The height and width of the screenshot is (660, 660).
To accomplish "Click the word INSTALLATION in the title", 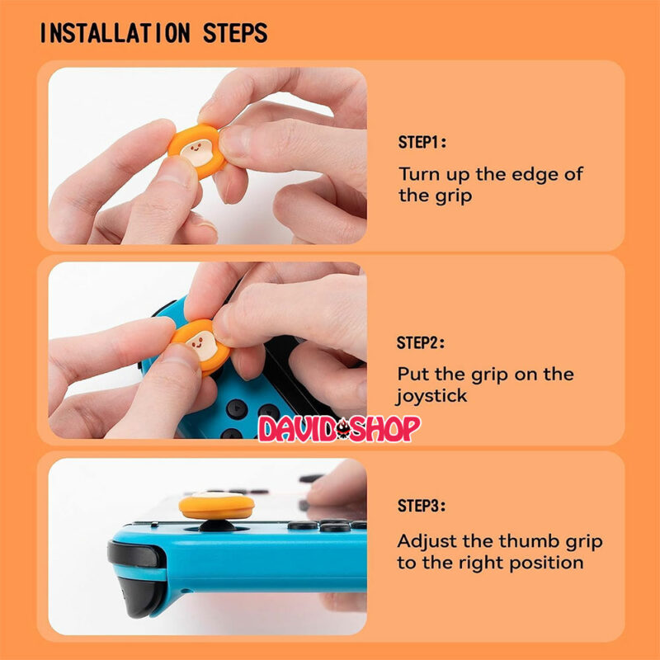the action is click(115, 33).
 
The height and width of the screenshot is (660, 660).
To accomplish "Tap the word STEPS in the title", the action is click(235, 33).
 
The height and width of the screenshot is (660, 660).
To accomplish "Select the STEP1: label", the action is click(422, 142).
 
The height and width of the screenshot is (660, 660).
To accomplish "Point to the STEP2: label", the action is click(421, 342).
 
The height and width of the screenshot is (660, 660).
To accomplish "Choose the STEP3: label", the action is click(422, 506).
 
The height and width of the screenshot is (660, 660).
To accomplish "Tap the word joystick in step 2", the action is click(431, 396).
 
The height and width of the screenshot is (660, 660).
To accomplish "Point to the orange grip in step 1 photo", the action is click(196, 151).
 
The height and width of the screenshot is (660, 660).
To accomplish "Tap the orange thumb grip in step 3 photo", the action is click(216, 506).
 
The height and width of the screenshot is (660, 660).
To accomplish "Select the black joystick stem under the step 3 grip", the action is click(217, 526).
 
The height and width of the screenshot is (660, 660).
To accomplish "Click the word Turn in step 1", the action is click(420, 174).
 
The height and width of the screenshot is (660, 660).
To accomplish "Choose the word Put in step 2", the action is click(413, 375).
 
